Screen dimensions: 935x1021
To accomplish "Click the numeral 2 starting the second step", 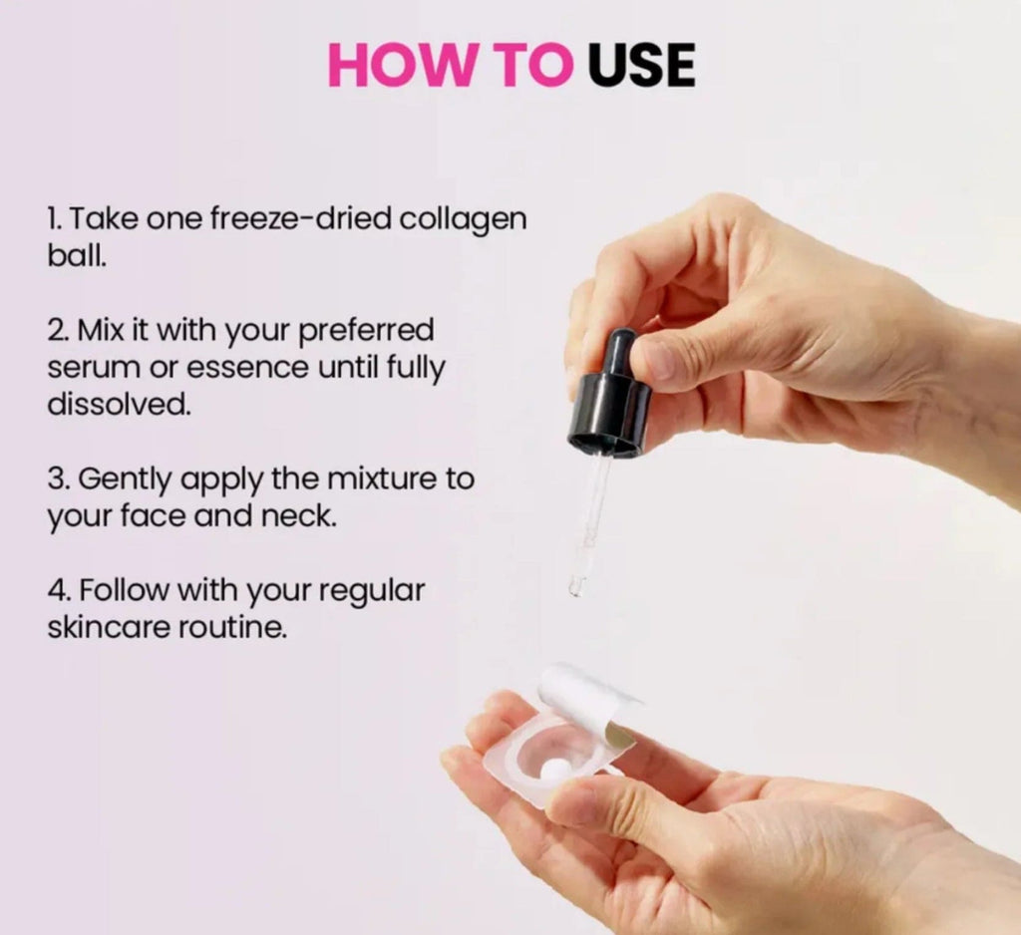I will [x=55, y=330].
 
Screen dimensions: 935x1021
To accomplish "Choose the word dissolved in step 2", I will [x=119, y=405].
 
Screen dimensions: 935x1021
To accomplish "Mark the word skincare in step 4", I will [x=111, y=628].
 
